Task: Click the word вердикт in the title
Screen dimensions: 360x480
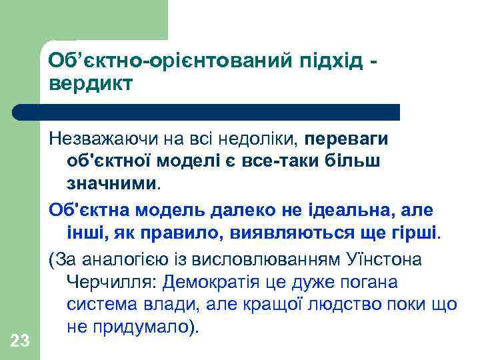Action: click(90, 84)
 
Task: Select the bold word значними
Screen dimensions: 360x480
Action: click(112, 181)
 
